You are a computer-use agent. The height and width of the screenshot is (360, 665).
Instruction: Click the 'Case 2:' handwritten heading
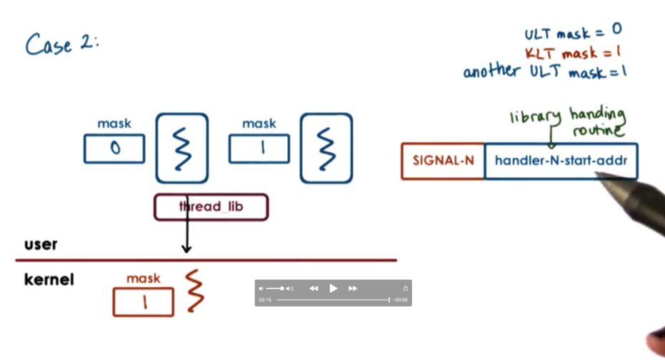pyautogui.click(x=61, y=44)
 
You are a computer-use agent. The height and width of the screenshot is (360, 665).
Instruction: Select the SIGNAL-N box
pyautogui.click(x=443, y=161)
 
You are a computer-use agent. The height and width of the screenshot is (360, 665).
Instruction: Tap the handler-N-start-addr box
pyautogui.click(x=561, y=161)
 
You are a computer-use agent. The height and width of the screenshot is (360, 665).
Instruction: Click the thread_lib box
pyautogui.click(x=211, y=207)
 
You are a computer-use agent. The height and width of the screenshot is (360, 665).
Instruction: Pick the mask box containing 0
pyautogui.click(x=114, y=149)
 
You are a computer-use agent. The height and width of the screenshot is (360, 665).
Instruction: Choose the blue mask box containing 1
pyautogui.click(x=259, y=149)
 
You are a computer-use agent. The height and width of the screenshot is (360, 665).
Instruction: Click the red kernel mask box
pyautogui.click(x=143, y=302)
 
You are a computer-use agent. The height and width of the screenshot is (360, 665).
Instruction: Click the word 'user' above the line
pyautogui.click(x=41, y=244)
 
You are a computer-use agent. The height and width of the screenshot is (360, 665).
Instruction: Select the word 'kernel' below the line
pyautogui.click(x=49, y=279)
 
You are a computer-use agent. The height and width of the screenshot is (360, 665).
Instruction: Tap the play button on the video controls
pyautogui.click(x=333, y=288)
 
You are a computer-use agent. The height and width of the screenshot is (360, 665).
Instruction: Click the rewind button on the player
pyautogui.click(x=314, y=288)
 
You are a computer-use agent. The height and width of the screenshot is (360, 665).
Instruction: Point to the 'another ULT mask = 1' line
pyautogui.click(x=545, y=71)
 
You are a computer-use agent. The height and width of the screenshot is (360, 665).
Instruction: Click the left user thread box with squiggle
pyautogui.click(x=182, y=148)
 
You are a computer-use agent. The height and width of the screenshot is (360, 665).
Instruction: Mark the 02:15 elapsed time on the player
pyautogui.click(x=265, y=300)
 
